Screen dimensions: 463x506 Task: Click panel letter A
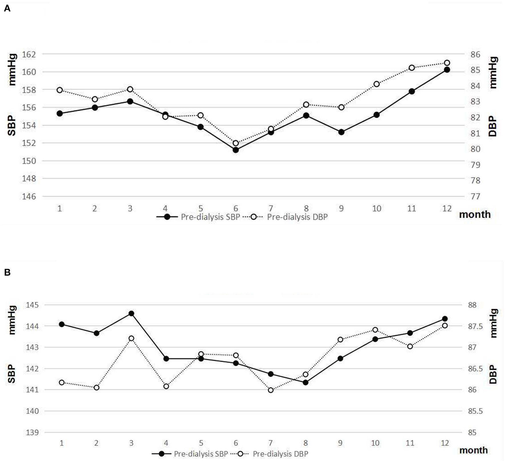click(7, 9)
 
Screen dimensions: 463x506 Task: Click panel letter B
click(7, 272)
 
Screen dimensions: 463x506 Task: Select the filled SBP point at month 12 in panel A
click(447, 70)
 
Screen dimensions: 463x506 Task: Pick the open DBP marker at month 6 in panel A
click(236, 143)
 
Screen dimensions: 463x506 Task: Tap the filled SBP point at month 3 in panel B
click(131, 313)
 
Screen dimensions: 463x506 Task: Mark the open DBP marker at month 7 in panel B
click(271, 390)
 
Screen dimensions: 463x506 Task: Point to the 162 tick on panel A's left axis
click(29, 54)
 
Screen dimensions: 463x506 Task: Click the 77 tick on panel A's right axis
click(475, 196)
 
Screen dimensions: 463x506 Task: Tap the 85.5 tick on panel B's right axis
click(475, 411)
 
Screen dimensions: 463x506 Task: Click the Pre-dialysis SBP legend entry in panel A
click(210, 217)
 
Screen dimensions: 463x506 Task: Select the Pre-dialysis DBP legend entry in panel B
click(280, 454)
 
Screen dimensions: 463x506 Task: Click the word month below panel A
click(475, 215)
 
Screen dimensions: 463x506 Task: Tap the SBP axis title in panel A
click(11, 126)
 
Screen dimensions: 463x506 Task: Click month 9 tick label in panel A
click(341, 209)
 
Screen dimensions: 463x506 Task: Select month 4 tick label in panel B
click(166, 443)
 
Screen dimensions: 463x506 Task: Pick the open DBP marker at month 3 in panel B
click(131, 338)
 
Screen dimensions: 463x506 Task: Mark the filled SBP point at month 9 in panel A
click(341, 132)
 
